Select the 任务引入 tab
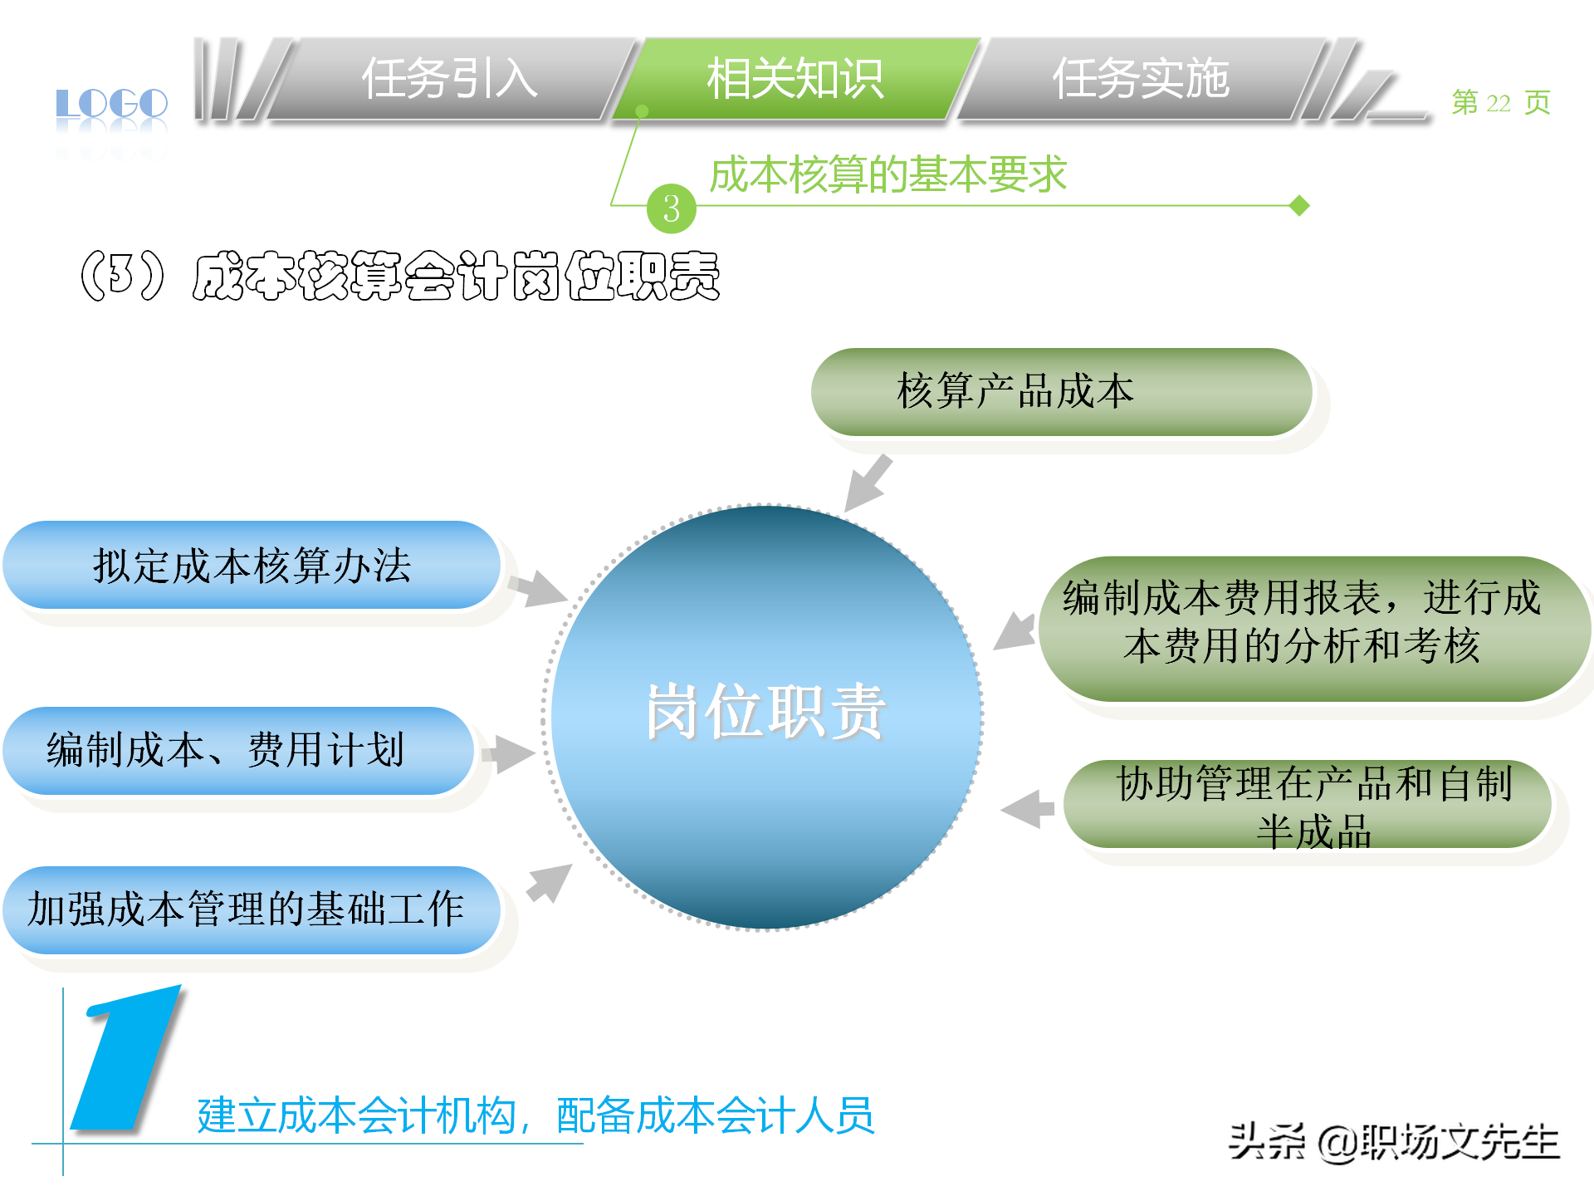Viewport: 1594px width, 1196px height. [449, 79]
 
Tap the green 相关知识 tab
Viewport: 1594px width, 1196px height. [795, 79]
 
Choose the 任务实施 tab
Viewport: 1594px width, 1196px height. [1141, 79]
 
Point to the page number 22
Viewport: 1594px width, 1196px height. [1499, 103]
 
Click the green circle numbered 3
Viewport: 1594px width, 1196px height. [671, 208]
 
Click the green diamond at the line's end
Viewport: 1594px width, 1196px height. [1300, 205]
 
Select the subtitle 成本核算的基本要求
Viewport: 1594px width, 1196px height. [887, 174]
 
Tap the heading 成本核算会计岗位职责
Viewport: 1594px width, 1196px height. [455, 276]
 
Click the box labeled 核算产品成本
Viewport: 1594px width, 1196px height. [1061, 391]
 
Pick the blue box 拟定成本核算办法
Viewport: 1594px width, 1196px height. [252, 566]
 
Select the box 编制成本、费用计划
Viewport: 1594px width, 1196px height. [238, 750]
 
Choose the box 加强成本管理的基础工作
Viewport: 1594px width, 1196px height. [252, 909]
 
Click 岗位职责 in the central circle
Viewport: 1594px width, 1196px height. [765, 713]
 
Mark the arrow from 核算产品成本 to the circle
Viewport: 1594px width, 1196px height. [867, 483]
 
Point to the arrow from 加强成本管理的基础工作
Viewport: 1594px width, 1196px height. [550, 882]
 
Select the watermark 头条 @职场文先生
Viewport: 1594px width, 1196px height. [1393, 1142]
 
